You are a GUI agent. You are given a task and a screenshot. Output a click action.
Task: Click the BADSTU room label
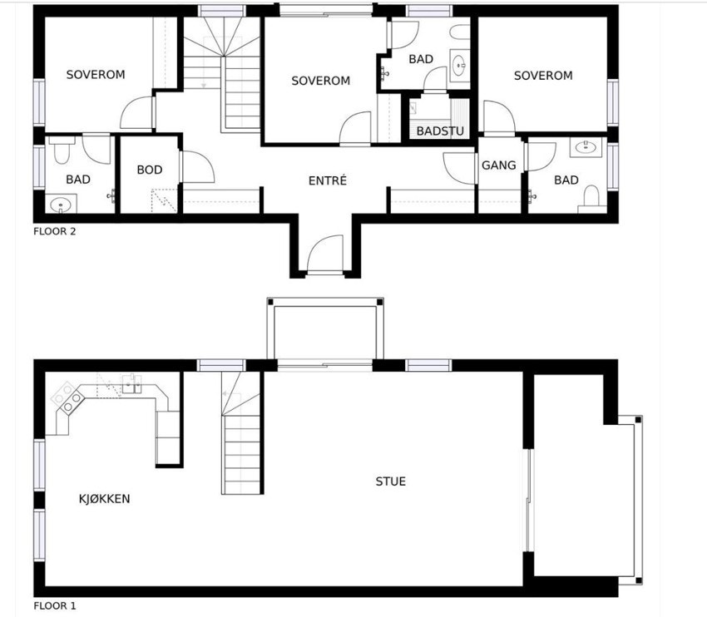440,131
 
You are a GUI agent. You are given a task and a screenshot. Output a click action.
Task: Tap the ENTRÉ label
327,180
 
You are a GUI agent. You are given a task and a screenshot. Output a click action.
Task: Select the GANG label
499,165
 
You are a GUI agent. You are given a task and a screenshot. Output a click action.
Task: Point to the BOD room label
150,170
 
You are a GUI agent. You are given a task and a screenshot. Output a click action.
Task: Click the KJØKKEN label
104,499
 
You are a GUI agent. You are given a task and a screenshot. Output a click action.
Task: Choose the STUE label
390,481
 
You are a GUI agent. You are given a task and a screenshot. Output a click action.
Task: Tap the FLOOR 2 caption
55,232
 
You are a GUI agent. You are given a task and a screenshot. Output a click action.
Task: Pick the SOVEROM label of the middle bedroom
320,81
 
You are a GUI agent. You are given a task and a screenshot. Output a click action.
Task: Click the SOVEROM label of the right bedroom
543,76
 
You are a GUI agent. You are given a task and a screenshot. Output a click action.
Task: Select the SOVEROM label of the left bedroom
96,75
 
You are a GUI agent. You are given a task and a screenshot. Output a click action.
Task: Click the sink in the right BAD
587,148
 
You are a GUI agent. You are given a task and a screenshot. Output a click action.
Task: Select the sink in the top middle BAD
459,62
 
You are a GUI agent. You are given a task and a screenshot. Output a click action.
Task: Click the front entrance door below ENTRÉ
324,254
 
